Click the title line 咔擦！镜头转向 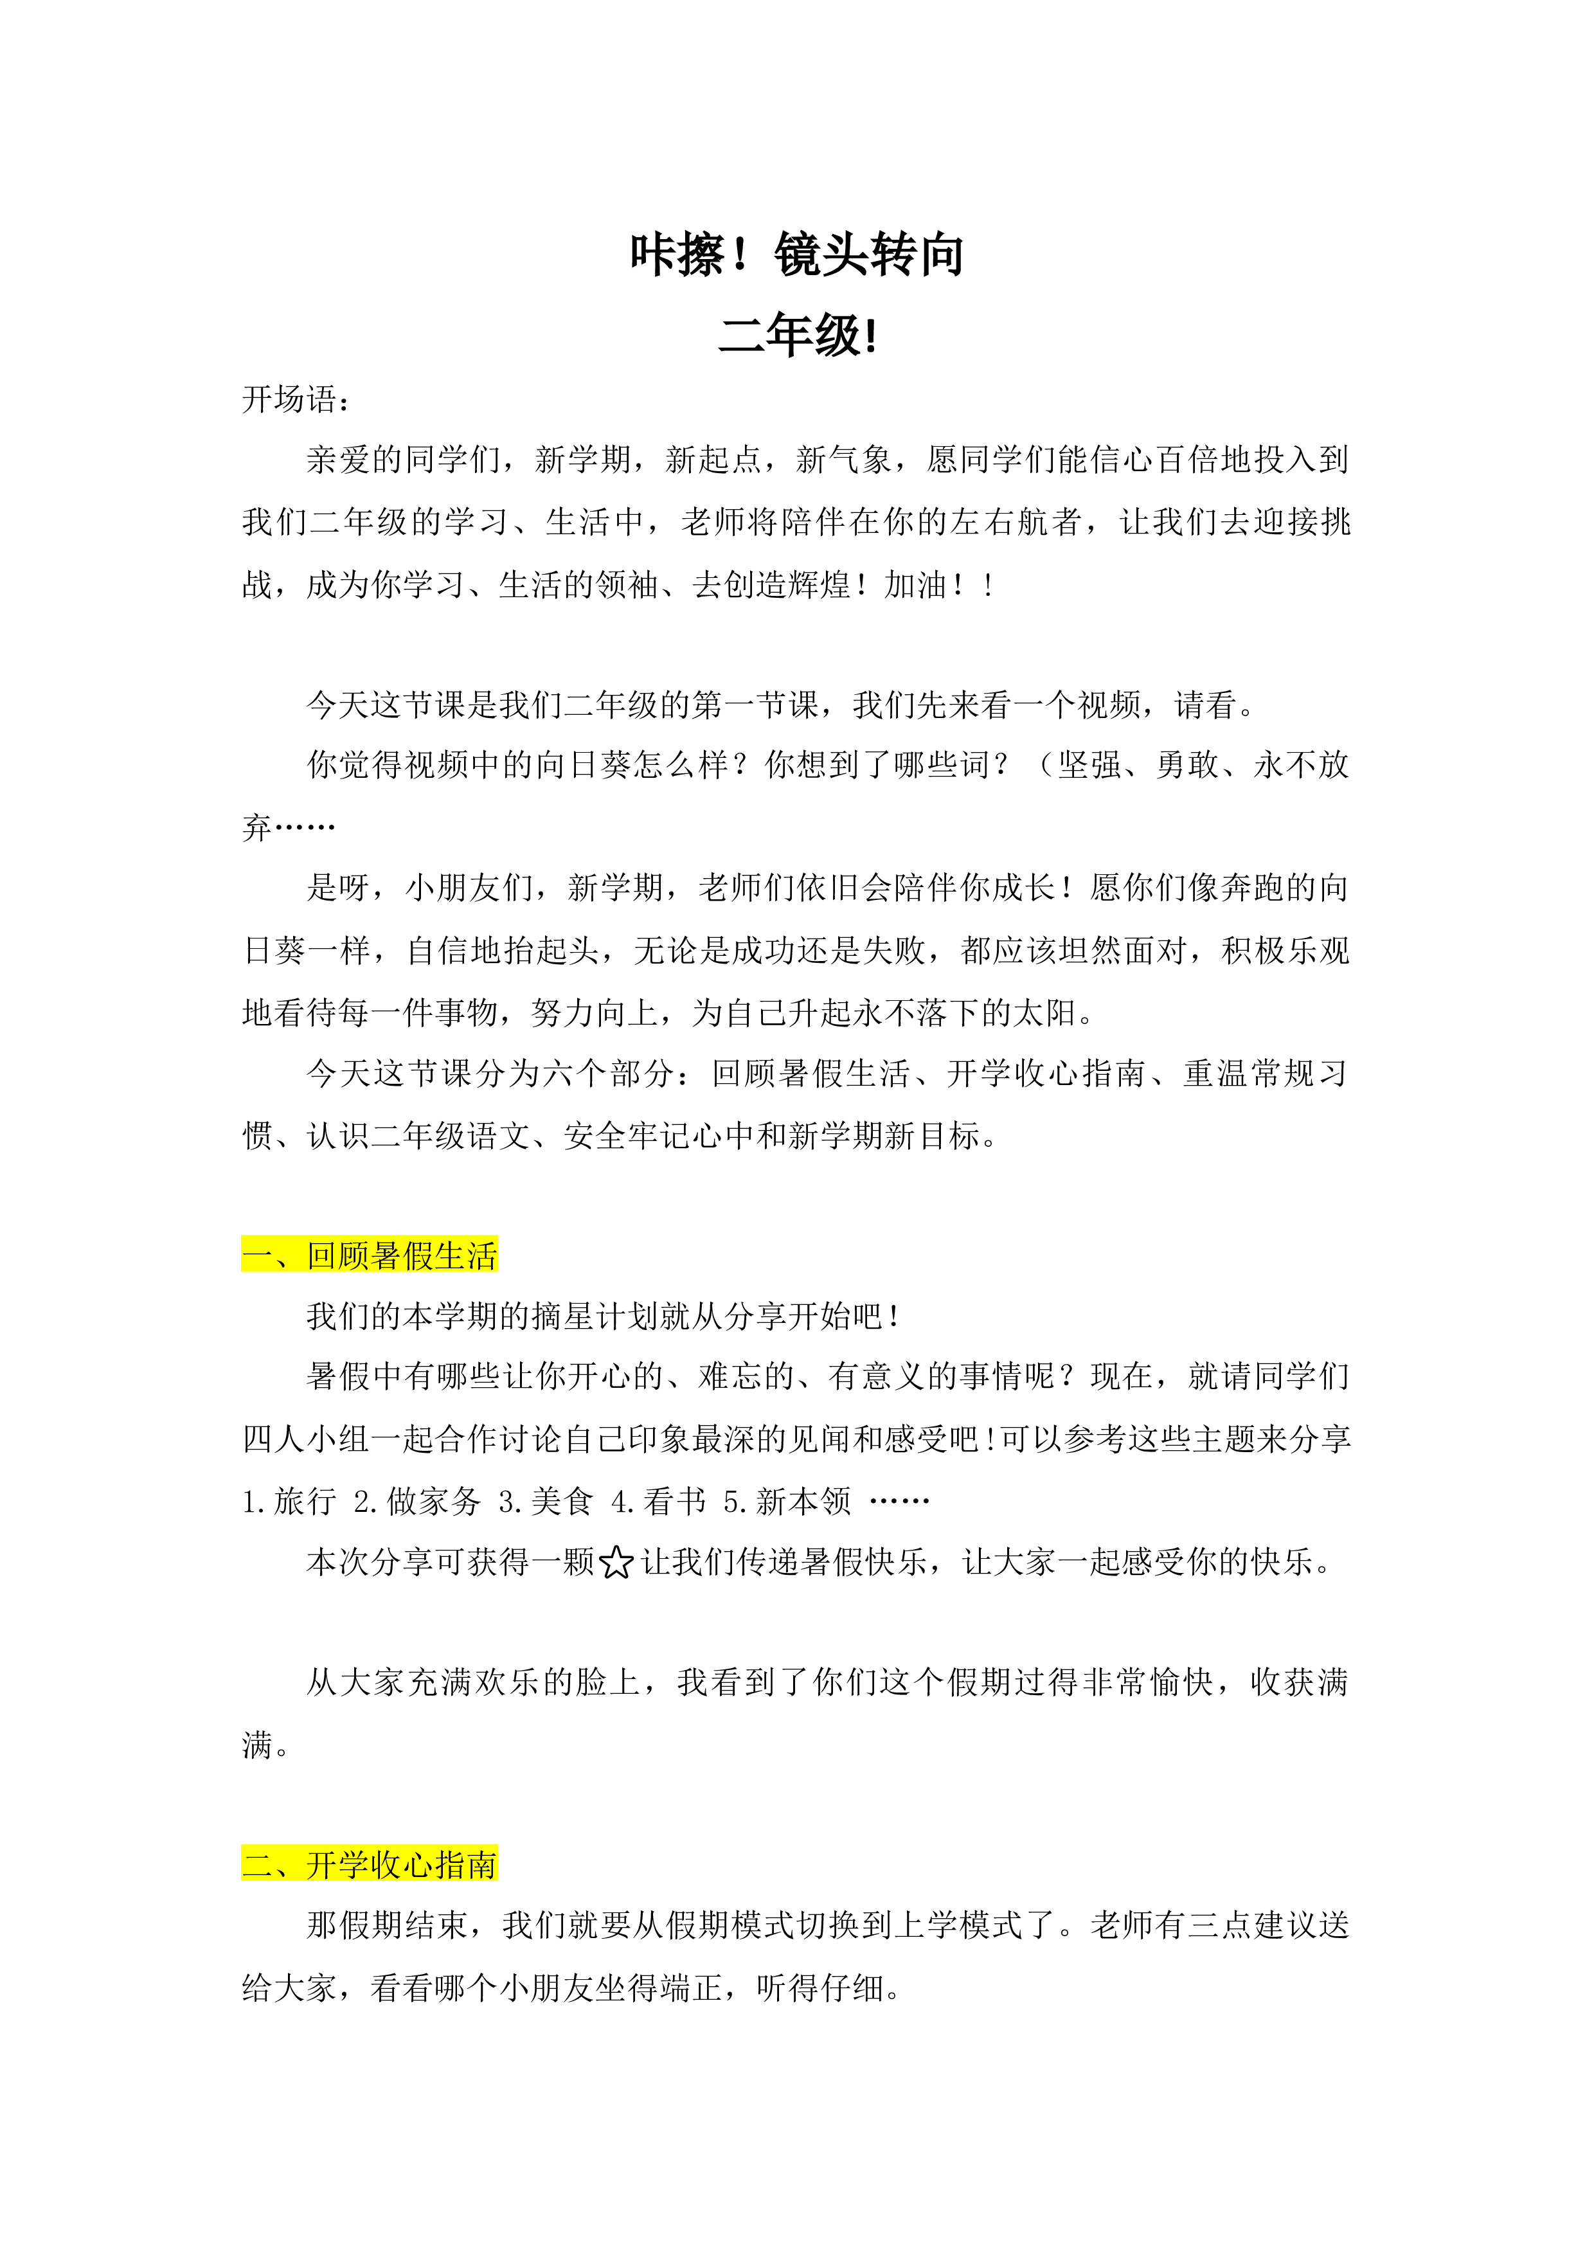coord(796,255)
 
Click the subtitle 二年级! coord(798,335)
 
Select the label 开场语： coord(296,399)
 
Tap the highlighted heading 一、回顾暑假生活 coord(370,1255)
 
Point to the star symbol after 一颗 coord(616,1563)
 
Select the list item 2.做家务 coord(417,1501)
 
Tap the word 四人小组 coord(307,1439)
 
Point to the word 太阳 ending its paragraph coord(1045,1012)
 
